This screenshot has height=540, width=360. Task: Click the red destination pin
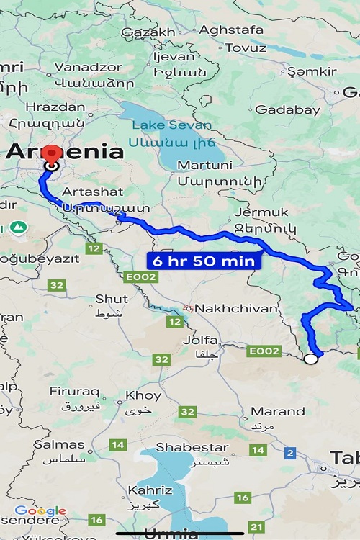52,155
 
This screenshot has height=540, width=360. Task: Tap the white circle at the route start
310,359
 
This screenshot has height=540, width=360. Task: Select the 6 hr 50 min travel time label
202,261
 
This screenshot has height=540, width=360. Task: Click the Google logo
40,511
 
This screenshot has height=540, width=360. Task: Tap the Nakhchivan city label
236,308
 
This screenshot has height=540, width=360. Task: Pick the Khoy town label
143,395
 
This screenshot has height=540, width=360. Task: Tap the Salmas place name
59,444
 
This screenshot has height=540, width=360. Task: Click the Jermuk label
261,212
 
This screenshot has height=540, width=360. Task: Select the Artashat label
93,192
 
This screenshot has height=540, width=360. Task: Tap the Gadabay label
287,109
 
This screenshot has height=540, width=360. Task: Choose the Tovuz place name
246,48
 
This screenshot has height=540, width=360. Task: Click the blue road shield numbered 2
290,453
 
